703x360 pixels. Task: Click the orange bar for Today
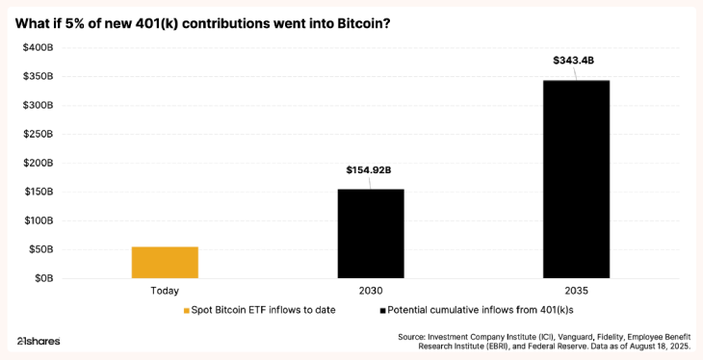tap(165, 262)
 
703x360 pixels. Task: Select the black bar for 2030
tap(370, 233)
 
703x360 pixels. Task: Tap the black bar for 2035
tap(576, 179)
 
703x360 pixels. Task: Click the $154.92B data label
tap(369, 170)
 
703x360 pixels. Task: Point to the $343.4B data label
tap(574, 61)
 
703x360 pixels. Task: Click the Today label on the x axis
tap(165, 291)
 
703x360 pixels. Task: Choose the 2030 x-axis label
tap(370, 291)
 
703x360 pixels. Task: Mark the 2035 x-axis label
tap(576, 291)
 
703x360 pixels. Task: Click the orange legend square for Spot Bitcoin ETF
tap(187, 311)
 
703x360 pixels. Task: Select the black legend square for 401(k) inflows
tap(382, 311)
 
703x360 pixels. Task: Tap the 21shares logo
tap(39, 341)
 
